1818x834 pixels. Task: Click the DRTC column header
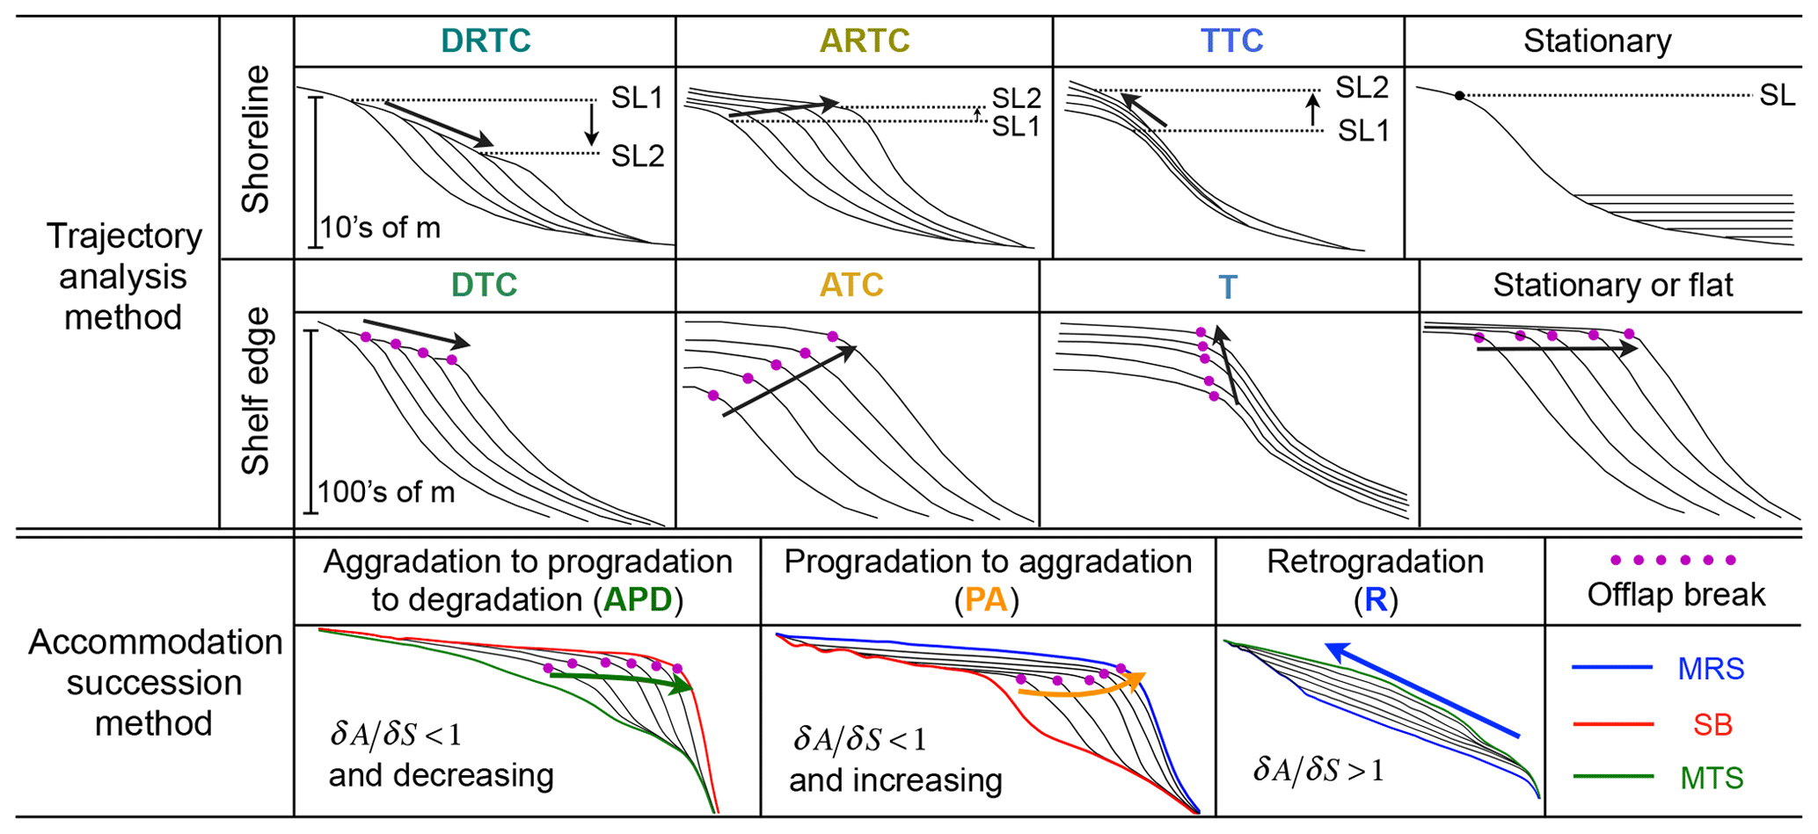pos(486,40)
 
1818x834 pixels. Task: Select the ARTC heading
pos(865,40)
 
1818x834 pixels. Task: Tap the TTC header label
pos(1231,40)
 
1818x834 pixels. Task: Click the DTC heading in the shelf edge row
pos(484,285)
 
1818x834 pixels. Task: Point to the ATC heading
pos(851,285)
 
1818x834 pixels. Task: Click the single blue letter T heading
pos(1228,286)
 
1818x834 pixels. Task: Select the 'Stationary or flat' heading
pos(1613,285)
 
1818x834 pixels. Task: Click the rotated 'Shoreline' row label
pos(256,139)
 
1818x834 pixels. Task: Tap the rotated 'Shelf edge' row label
pos(256,391)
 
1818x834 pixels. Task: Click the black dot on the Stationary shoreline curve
pos(1459,96)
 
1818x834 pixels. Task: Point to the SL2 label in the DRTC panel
pos(638,156)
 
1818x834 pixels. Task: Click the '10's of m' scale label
pos(380,228)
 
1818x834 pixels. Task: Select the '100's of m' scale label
pos(386,492)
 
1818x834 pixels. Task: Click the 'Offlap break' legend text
pos(1676,595)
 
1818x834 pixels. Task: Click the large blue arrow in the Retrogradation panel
pos(1421,689)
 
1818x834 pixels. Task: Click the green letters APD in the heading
pos(638,599)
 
